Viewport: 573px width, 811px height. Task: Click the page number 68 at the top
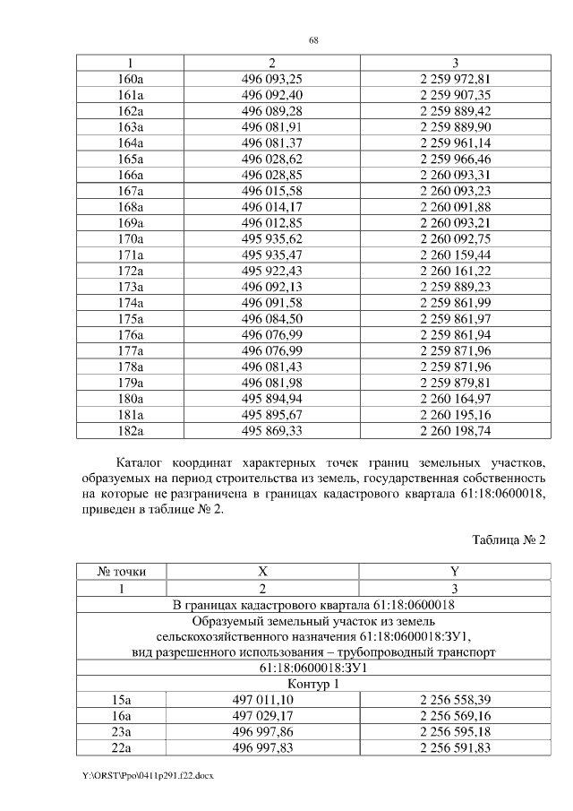[x=314, y=40]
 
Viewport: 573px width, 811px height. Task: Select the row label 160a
[x=131, y=79]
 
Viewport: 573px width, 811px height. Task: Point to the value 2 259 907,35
[x=456, y=95]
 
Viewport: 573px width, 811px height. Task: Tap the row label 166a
[x=131, y=175]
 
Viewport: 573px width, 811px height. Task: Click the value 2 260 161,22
[x=456, y=271]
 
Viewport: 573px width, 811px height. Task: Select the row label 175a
[x=131, y=318]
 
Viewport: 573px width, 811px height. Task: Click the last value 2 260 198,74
[x=456, y=430]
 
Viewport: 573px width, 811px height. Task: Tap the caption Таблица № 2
[x=508, y=540]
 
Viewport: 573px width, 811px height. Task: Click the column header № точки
[x=122, y=571]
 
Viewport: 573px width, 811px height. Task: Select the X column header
[x=262, y=571]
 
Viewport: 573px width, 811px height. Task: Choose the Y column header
[x=454, y=571]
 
